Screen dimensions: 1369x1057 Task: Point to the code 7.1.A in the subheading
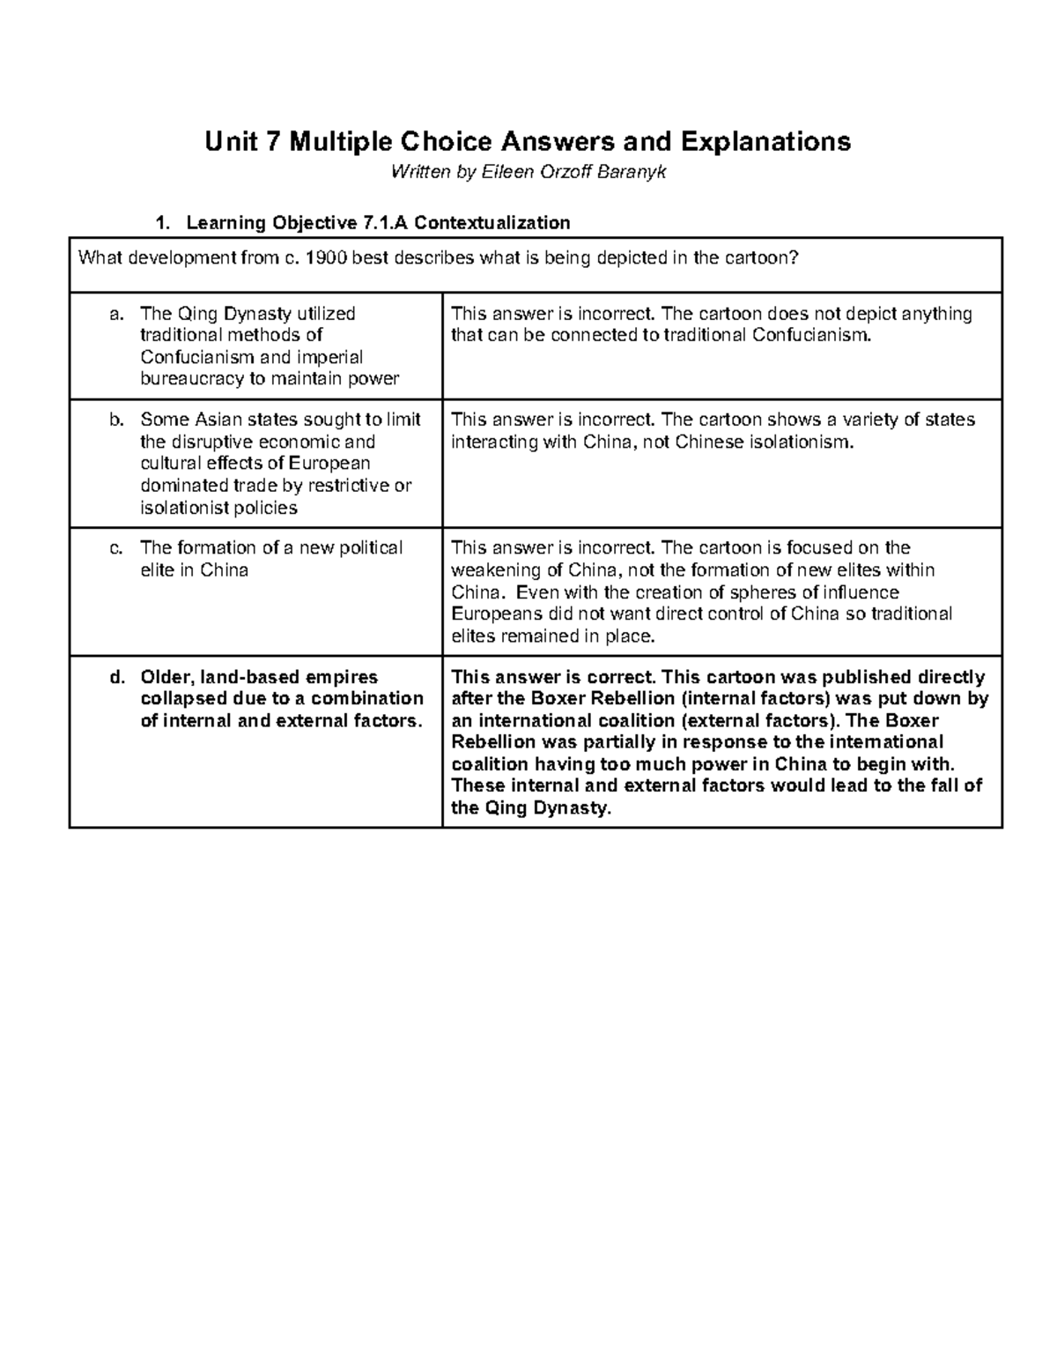point(386,223)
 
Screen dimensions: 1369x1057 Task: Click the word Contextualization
point(492,223)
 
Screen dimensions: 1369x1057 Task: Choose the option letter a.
point(116,314)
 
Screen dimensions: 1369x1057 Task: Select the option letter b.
point(116,420)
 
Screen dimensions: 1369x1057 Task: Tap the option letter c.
point(116,548)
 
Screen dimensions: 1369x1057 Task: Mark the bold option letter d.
point(116,678)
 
